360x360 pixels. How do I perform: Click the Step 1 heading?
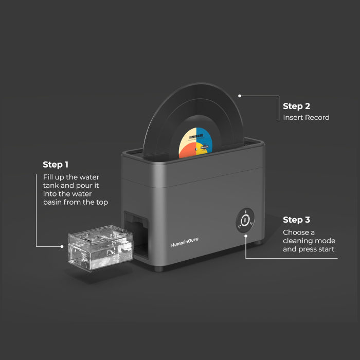(56, 165)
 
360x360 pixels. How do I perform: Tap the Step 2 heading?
(296, 106)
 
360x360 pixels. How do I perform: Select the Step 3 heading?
(296, 220)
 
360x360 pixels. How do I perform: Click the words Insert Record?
(306, 117)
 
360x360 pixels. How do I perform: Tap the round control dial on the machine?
(246, 220)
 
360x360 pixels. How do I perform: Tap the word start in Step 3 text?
(325, 249)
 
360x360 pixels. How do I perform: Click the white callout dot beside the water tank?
(62, 246)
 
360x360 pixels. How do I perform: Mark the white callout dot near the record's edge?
(240, 95)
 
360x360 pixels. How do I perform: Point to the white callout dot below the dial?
(246, 236)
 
